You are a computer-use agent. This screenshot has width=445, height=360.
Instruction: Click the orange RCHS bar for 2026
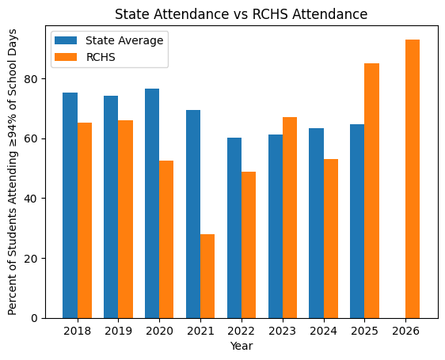coord(413,179)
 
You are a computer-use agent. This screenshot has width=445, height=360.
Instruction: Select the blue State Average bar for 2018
coord(70,206)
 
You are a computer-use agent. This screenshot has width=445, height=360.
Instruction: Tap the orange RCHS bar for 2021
coord(207,276)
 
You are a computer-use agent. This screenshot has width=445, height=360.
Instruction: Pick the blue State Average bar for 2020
coord(152,203)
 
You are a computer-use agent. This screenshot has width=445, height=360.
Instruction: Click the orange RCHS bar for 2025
coord(371,191)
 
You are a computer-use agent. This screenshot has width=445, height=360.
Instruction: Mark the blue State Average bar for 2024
coord(316,223)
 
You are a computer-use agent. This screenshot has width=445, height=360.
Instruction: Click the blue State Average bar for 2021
coord(193,214)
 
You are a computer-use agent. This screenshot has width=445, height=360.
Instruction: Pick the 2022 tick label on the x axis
coord(242,331)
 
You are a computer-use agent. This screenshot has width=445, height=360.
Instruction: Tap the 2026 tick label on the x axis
coord(405,331)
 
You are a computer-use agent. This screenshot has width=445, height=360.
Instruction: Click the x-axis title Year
coord(242,346)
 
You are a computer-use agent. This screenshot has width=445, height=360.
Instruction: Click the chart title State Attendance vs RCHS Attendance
coord(242,14)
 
